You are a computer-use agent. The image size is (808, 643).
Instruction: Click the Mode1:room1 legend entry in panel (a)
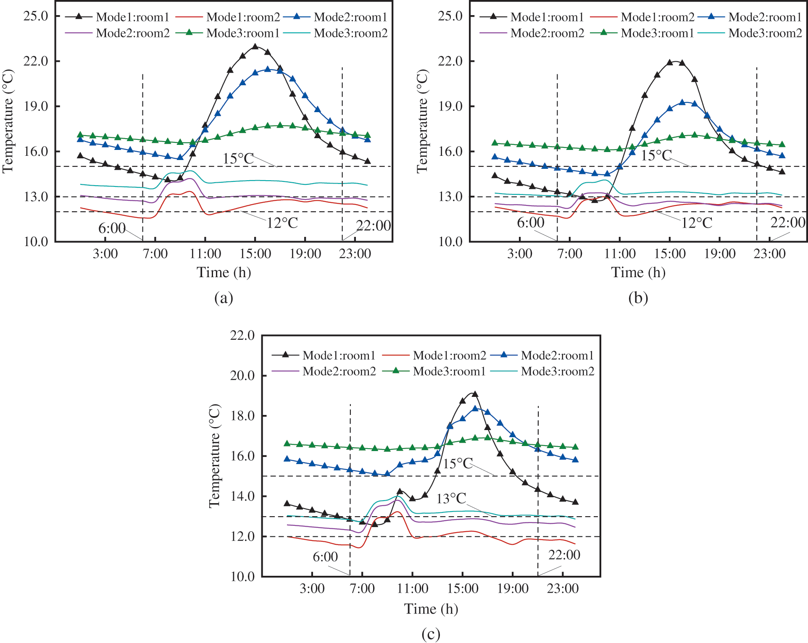pos(117,17)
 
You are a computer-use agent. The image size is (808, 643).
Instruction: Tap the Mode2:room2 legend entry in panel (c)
pos(324,371)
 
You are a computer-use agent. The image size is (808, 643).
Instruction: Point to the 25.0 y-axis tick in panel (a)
pos(36,16)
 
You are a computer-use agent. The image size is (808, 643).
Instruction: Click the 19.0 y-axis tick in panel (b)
pos(450,106)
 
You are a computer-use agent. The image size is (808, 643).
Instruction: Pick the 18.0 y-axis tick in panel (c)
pos(242,416)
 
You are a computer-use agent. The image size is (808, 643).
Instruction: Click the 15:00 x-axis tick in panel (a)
pos(255,254)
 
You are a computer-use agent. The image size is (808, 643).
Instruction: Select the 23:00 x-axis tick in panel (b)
pos(769,254)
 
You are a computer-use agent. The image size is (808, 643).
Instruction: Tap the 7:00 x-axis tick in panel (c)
pos(362,588)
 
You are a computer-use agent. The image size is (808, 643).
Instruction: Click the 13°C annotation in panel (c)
pos(451,499)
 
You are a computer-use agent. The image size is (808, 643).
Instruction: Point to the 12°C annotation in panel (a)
pos(282,223)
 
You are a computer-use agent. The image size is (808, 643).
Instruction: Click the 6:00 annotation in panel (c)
pos(325,557)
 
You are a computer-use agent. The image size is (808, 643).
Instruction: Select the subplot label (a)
pos(224,298)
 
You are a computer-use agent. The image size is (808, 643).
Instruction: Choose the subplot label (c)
pos(431,633)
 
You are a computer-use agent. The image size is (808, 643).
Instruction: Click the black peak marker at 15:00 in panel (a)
pos(255,47)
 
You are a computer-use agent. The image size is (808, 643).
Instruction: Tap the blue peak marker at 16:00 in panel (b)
pos(682,102)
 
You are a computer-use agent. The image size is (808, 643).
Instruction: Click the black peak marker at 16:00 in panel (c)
pos(475,394)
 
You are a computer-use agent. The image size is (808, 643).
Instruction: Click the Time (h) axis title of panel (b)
pos(638,272)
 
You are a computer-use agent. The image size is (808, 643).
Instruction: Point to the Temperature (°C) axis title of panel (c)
pos(215,456)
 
